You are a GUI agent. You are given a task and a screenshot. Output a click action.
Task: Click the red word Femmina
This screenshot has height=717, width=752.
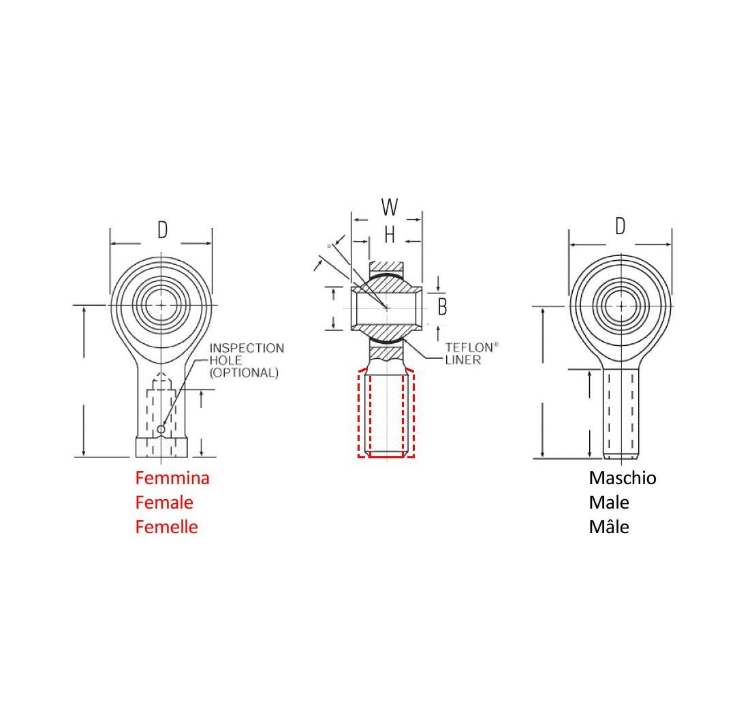(172, 478)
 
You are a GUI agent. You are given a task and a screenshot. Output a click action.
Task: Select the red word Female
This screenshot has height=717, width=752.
(164, 503)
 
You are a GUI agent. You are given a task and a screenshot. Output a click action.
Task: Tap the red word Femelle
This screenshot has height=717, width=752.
(167, 527)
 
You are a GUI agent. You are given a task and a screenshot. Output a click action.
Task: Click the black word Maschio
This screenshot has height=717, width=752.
(623, 478)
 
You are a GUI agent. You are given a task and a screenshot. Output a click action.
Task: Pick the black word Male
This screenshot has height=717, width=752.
(609, 503)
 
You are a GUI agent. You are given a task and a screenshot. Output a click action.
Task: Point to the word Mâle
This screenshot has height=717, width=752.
(609, 527)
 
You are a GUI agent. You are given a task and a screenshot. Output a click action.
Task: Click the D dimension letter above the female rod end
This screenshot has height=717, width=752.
(162, 230)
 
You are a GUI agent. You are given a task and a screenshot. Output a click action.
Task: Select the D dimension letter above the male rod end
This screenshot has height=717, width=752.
(620, 227)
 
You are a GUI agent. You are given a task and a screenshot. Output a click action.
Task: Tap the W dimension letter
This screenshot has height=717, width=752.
(389, 206)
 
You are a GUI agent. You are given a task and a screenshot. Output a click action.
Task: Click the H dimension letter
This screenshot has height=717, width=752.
(390, 236)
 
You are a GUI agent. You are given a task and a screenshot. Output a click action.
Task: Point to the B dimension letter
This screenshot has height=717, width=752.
(442, 308)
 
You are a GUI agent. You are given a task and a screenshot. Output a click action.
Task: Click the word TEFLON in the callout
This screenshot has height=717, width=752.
(468, 347)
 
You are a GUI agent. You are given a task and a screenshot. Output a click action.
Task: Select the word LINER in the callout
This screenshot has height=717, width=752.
(463, 360)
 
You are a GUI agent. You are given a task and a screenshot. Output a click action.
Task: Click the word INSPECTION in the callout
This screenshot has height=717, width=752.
(247, 348)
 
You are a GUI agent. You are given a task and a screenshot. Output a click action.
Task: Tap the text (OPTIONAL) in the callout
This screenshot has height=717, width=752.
(244, 373)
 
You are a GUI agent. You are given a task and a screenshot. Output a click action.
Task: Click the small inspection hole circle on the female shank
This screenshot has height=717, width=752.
(161, 429)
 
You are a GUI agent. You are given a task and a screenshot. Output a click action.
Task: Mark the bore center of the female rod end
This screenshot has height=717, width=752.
(161, 305)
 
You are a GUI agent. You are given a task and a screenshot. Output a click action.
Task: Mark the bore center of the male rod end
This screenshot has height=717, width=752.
(621, 306)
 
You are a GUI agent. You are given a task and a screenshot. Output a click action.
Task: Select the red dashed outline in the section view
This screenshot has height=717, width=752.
(359, 415)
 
